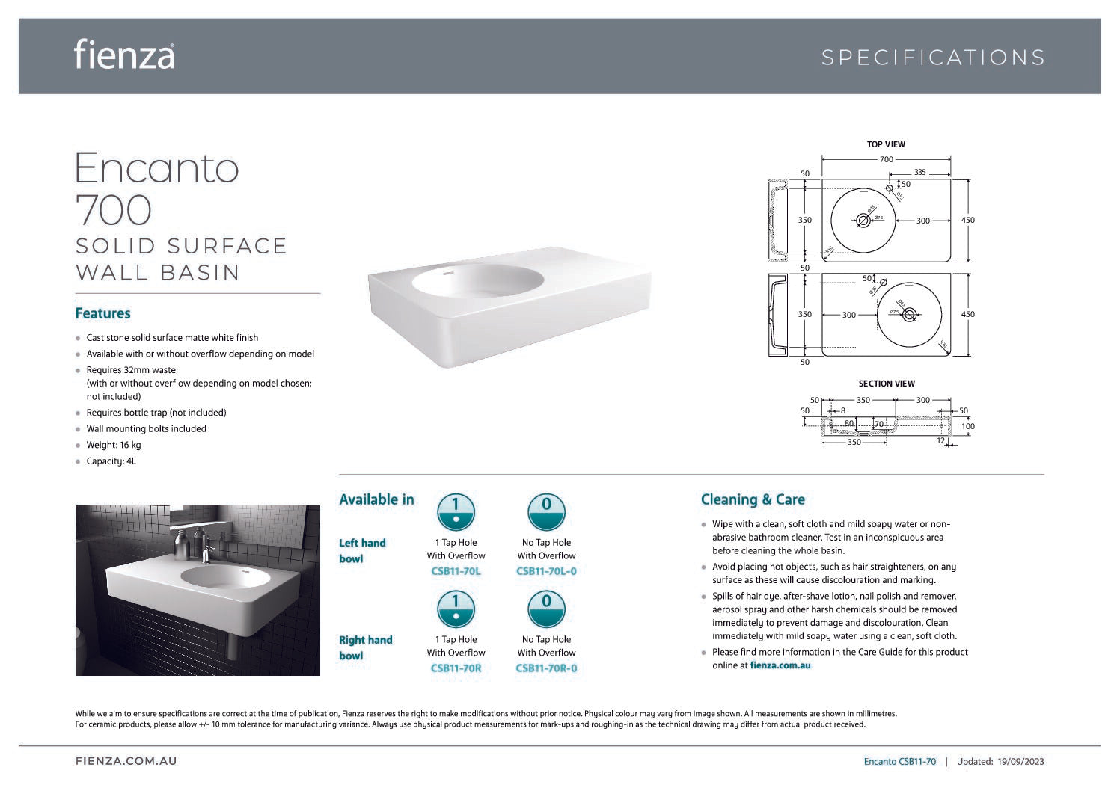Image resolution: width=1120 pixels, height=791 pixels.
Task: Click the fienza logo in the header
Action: [x=124, y=55]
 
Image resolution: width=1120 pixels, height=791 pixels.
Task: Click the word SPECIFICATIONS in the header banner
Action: [x=933, y=58]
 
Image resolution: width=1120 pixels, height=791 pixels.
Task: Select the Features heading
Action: [x=103, y=313]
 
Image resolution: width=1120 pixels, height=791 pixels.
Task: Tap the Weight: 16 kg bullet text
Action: [x=114, y=445]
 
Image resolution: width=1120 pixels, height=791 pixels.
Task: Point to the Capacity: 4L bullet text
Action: [x=111, y=461]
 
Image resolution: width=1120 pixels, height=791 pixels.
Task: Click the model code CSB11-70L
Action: [x=456, y=571]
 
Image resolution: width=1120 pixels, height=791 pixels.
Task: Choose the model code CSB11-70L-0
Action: [x=546, y=571]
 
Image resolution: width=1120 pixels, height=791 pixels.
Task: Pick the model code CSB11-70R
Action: [x=456, y=668]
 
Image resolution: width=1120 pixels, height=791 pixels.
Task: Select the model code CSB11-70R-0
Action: [x=546, y=668]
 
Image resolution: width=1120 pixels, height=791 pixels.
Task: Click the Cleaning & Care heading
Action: [x=753, y=499]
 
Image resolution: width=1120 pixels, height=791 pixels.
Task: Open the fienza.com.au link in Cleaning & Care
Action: [x=780, y=665]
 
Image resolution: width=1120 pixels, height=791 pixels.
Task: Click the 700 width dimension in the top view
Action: [x=886, y=159]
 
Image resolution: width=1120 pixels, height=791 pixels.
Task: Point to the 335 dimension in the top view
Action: [x=920, y=172]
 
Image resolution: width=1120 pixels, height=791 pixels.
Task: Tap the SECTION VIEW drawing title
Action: [x=887, y=384]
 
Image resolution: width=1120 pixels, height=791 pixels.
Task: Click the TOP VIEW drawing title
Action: [x=886, y=144]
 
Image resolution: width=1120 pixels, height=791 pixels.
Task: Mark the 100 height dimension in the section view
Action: [x=967, y=427]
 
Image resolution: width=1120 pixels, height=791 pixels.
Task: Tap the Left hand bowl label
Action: [x=362, y=551]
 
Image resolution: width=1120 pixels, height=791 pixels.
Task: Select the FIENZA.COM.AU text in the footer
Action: [x=126, y=761]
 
